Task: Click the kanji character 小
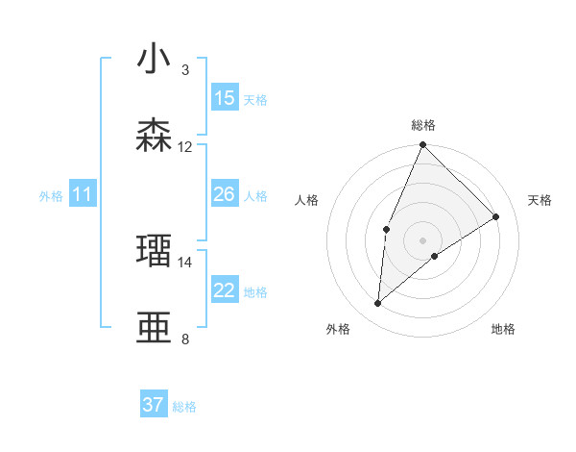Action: pyautogui.click(x=155, y=60)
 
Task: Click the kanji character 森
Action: pyautogui.click(x=155, y=136)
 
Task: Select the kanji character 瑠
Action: pyautogui.click(x=155, y=251)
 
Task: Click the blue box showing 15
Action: pyautogui.click(x=225, y=98)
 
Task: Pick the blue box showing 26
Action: pyautogui.click(x=225, y=195)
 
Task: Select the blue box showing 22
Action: pyautogui.click(x=225, y=290)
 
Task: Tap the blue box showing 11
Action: pyautogui.click(x=83, y=195)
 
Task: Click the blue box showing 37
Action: pyautogui.click(x=154, y=405)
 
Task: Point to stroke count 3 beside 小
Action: pyautogui.click(x=185, y=70)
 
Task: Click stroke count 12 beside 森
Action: pyautogui.click(x=185, y=147)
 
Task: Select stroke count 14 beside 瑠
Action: pyautogui.click(x=185, y=262)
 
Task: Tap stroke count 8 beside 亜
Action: pyautogui.click(x=185, y=339)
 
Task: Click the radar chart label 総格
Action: pyautogui.click(x=423, y=125)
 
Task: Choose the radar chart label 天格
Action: pyautogui.click(x=540, y=200)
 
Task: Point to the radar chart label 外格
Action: pyautogui.click(x=338, y=329)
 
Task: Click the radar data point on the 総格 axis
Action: pyautogui.click(x=423, y=145)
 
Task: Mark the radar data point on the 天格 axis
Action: pyautogui.click(x=496, y=217)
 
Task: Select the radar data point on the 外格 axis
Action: pyautogui.click(x=378, y=304)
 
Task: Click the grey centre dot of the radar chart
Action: pyautogui.click(x=423, y=240)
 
